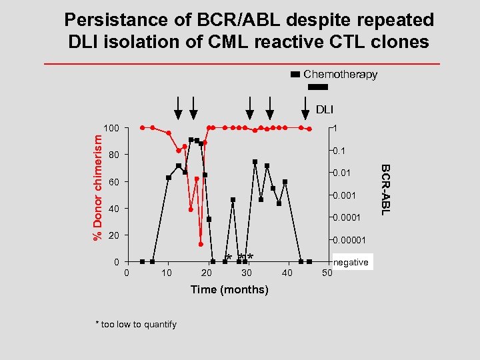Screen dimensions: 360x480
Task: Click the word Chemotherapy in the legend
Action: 340,75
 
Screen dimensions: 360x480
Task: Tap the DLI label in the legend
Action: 324,109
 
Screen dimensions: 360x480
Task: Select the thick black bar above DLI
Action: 319,87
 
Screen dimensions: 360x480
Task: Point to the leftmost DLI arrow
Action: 178,106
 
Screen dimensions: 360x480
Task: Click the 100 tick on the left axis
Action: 111,128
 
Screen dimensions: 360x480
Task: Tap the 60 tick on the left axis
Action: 113,182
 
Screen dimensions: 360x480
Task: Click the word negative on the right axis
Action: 351,262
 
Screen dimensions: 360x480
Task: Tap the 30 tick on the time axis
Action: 247,273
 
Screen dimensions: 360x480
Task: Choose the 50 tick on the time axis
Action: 327,273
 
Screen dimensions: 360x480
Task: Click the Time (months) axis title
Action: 229,289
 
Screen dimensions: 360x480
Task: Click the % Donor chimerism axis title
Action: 97,187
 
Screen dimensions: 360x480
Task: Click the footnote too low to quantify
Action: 137,324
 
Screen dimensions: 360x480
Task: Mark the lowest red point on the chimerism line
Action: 201,244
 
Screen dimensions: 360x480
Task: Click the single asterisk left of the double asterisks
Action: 229,258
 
